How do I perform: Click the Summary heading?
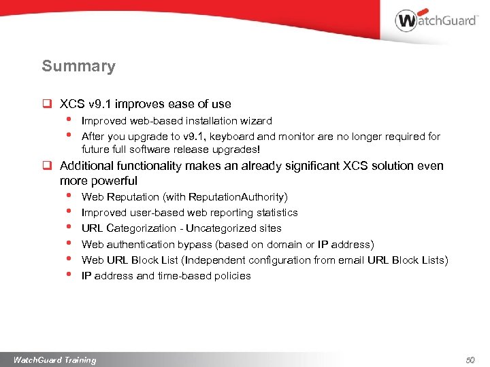point(78,67)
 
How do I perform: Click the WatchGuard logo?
point(436,21)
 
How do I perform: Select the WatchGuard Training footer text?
point(54,360)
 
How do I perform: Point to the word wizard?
point(257,121)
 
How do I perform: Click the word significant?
point(318,166)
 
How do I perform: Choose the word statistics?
point(274,213)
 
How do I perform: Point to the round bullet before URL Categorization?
point(69,227)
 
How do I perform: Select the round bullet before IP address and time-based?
point(69,274)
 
